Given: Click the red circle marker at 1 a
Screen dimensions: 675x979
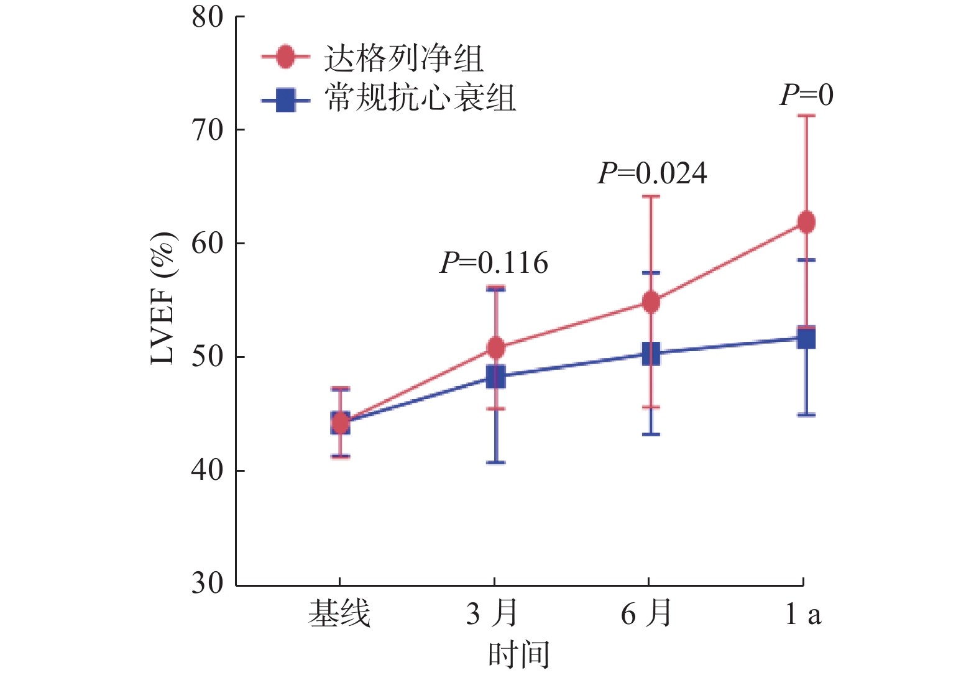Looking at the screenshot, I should pos(806,222).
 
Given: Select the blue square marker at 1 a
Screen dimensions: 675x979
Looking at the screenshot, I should pos(806,338).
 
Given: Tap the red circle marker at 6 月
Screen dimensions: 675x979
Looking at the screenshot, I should pos(651,302).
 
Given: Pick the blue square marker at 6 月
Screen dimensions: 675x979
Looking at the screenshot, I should pos(651,354).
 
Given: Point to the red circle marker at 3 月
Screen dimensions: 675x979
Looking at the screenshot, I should pos(495,348).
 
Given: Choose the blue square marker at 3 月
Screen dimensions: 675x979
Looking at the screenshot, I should pos(495,376).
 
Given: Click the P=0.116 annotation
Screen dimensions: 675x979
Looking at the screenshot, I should pos(494,264).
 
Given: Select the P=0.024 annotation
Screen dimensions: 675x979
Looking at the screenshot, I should pos(652,173).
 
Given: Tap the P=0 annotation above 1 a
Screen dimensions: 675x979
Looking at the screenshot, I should pos(806,95).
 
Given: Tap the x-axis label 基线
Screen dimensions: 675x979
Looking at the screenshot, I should pos(339,614).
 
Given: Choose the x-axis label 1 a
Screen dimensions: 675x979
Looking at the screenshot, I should pos(802,614).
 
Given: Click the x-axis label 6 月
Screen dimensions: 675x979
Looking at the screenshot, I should pos(646,614).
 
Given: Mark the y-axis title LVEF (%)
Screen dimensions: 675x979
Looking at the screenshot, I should pos(163,298).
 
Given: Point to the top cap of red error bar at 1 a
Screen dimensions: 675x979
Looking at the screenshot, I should pos(806,116).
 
